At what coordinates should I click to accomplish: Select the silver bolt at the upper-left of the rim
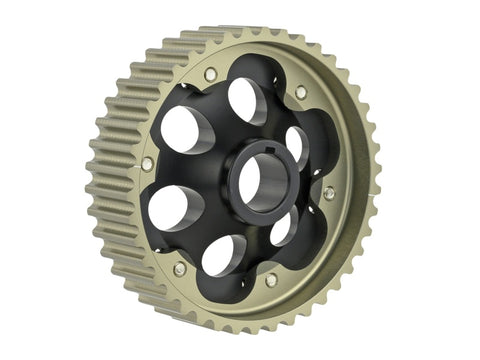[210, 75]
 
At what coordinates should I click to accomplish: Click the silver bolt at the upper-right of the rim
[301, 92]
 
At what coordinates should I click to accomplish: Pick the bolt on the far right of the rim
[329, 192]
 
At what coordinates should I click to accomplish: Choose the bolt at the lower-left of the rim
[179, 269]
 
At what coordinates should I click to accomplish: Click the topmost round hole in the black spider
[246, 100]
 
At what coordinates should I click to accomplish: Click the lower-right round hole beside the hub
[283, 227]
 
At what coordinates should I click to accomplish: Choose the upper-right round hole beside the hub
[297, 145]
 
